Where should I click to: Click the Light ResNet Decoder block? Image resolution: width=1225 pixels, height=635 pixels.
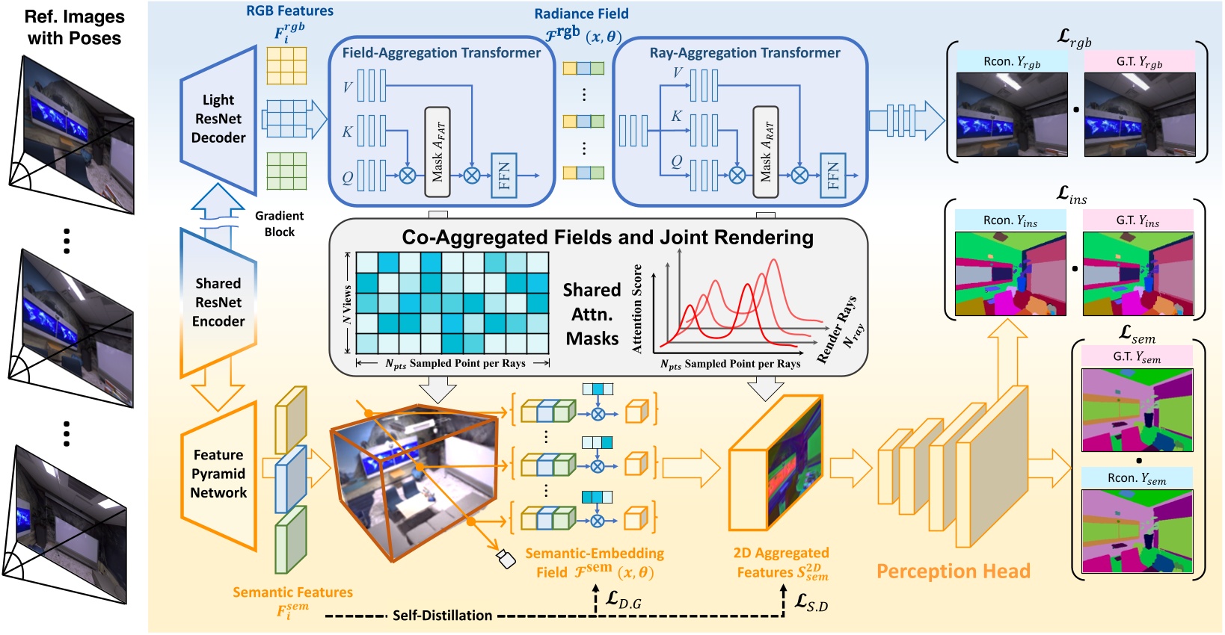point(218,119)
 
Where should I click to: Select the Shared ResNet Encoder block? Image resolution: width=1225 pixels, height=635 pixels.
point(218,303)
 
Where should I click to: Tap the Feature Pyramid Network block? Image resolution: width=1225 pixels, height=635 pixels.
point(218,474)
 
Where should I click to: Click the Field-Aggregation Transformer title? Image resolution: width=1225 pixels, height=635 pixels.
point(441,53)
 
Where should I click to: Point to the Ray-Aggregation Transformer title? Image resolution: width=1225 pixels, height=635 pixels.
point(745,53)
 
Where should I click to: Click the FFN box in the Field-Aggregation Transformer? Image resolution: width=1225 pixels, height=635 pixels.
point(504,176)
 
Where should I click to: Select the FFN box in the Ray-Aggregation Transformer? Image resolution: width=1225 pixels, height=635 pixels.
point(832,176)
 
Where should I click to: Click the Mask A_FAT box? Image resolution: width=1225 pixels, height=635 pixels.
point(437,152)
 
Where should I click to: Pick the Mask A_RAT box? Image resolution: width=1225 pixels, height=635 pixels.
point(766,152)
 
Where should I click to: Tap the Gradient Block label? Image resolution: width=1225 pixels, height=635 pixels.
point(279,224)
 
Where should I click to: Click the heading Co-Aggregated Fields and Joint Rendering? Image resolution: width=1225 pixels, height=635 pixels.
point(607,238)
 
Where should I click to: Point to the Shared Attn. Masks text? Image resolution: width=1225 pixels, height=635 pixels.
point(592,315)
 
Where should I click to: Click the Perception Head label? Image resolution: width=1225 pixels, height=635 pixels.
point(953,571)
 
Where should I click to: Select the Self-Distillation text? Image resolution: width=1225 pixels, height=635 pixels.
point(442,616)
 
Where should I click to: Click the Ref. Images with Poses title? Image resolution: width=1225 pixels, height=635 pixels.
point(74,28)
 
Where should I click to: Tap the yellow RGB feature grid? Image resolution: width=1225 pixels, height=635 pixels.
point(286,65)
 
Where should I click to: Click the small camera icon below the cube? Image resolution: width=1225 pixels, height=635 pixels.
point(506,558)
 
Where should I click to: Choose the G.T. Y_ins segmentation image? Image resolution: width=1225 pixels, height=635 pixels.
point(1137,273)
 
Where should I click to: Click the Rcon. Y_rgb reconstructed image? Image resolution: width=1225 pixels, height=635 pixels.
point(1012,114)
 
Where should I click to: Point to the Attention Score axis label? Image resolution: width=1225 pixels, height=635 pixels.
point(637,309)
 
